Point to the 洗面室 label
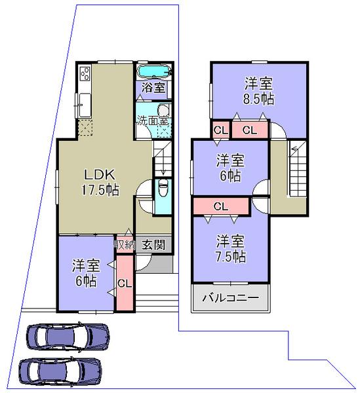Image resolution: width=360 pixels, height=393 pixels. click(153, 121)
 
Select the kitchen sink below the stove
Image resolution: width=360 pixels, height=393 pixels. click(86, 102)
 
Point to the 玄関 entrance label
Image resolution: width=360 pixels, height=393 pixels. click(153, 245)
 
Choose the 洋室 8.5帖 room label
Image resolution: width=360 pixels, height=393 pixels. click(259, 92)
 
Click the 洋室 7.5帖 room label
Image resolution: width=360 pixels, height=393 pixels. click(231, 248)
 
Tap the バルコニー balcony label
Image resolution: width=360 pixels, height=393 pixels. click(230, 297)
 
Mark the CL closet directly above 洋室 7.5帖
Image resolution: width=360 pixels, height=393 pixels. click(221, 206)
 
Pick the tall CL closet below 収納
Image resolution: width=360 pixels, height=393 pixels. click(124, 282)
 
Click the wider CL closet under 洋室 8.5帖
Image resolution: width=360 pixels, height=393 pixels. click(250, 130)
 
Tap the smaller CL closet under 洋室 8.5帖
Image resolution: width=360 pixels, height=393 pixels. click(220, 130)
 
